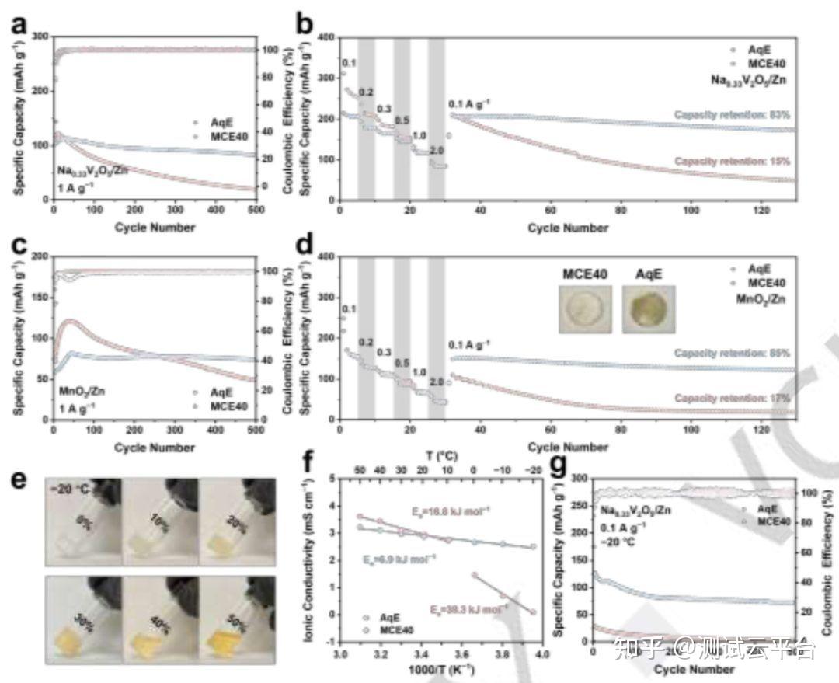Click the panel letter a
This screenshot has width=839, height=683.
19,27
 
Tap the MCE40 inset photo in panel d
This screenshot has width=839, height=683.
585,309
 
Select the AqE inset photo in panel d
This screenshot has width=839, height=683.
648,309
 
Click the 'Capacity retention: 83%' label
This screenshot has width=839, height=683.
733,115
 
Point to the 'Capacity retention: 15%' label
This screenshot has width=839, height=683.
733,162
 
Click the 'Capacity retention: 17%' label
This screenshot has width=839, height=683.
733,399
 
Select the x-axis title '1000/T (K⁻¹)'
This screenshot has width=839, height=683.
441,671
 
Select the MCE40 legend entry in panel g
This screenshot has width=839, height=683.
769,521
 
